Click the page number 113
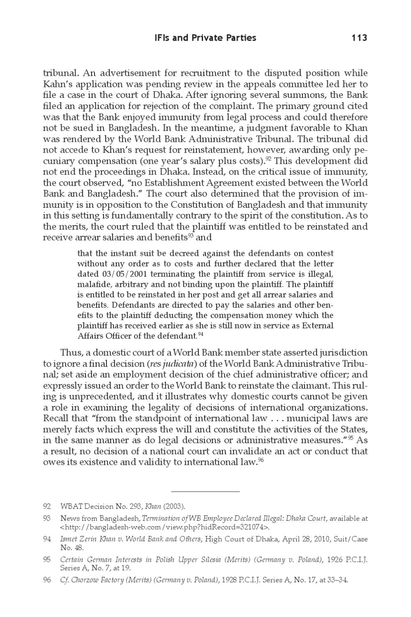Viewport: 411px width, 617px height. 359,38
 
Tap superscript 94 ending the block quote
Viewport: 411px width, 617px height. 201,334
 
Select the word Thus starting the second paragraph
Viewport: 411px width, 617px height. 70,353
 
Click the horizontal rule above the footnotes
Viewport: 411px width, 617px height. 205,491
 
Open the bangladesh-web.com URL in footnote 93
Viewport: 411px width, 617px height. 165,527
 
